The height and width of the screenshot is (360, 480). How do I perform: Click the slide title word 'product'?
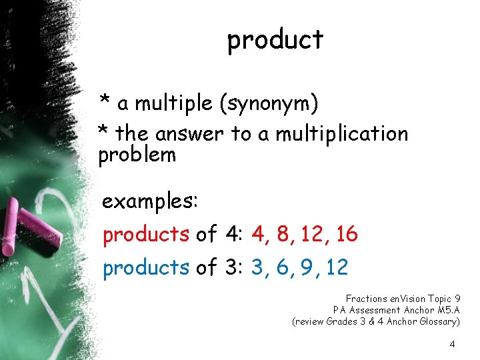coord(275,41)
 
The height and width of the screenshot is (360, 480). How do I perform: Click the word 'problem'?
coord(137,155)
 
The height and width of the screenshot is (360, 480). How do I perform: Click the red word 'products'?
coord(146,235)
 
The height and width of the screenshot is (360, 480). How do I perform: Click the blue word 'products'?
coord(146,267)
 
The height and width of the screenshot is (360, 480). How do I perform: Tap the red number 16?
coord(347,235)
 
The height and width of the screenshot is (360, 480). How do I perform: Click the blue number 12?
coord(337,267)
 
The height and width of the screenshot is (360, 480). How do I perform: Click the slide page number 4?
coord(453,345)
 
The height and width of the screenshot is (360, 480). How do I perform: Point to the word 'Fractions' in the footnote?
coord(366,298)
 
